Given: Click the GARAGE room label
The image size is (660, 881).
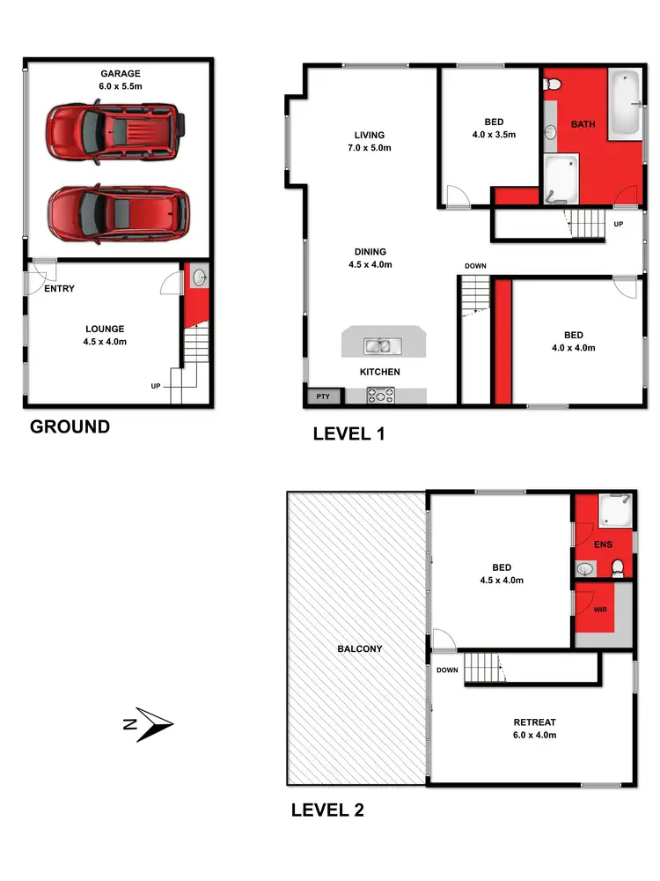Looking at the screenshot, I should pos(120,81).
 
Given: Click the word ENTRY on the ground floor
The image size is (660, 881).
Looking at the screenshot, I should pos(58,289).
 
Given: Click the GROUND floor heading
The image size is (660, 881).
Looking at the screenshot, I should pos(70,427).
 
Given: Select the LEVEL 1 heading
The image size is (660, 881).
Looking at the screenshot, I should pos(348,433).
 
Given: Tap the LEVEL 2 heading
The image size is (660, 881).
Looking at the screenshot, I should pos(327,810).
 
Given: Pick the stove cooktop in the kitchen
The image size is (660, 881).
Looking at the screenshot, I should pos(382,396).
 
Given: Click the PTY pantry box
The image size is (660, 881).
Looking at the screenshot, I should pos(323,396).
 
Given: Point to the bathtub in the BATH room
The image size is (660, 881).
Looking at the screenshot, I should pos(627,103).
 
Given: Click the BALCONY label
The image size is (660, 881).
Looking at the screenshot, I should pos(360,649).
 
